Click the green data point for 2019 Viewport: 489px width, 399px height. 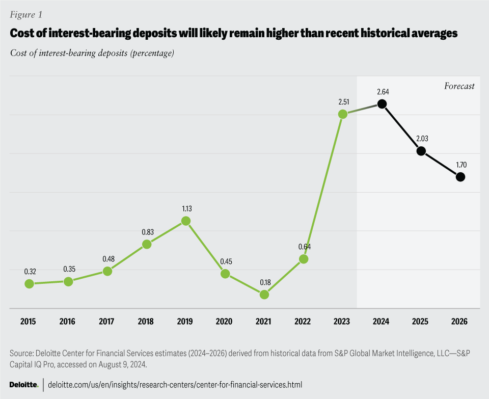click(186, 221)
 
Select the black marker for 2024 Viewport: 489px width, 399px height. click(382, 104)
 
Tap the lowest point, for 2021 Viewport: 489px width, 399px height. click(264, 295)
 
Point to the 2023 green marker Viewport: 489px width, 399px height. click(343, 114)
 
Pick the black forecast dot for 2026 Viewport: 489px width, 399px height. click(460, 177)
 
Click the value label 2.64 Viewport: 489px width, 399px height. click(381, 92)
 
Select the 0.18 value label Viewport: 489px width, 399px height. click(264, 282)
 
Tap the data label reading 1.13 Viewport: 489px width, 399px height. click(186, 208)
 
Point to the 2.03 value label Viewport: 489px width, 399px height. click(421, 139)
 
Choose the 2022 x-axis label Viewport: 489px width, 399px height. click(303, 322)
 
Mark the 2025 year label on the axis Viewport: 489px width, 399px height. click(421, 322)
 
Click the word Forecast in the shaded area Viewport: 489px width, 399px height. click(459, 86)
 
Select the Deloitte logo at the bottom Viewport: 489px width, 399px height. click(24, 384)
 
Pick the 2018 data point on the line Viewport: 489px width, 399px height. click(147, 244)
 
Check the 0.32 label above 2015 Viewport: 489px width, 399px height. click(29, 271)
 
